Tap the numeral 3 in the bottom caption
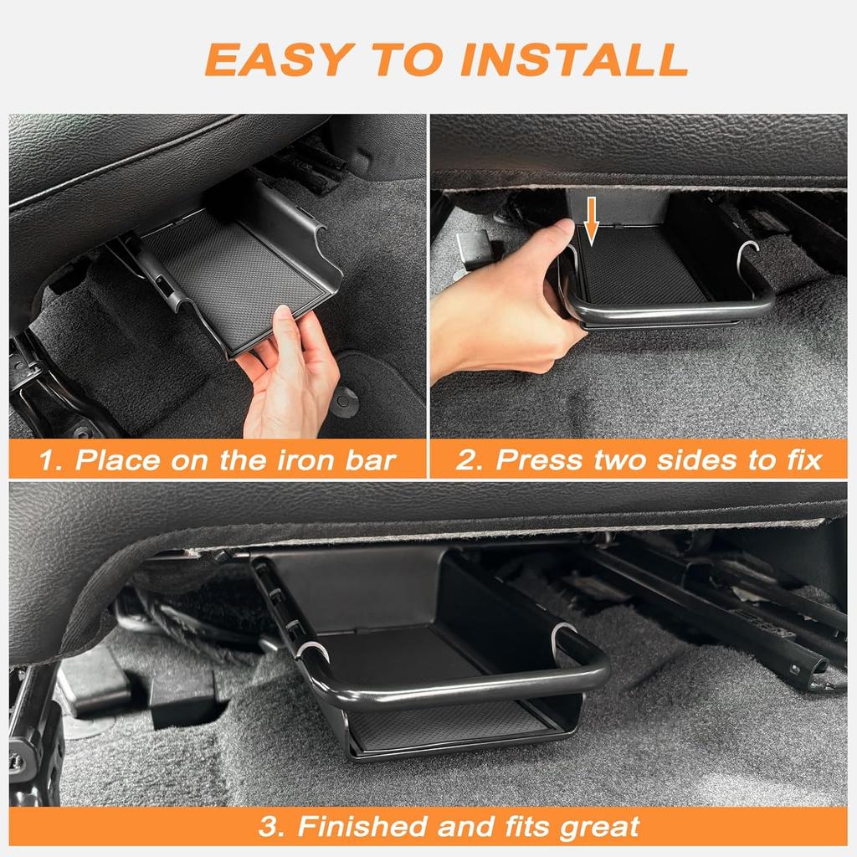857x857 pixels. tap(268, 827)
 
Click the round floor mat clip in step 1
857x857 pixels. tap(343, 403)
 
